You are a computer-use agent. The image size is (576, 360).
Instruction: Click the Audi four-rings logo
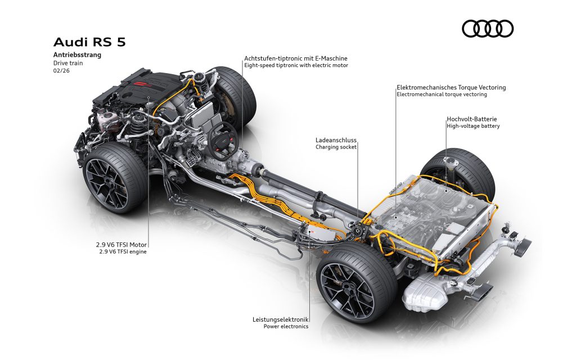(x=488, y=29)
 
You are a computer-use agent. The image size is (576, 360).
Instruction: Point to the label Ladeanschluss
(x=336, y=139)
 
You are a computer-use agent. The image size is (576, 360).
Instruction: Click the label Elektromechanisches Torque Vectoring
(x=451, y=87)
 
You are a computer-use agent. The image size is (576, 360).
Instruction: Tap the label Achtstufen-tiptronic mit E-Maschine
(x=295, y=58)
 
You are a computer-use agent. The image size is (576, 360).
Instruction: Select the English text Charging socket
(x=336, y=147)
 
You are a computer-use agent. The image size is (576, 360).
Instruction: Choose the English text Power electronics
(x=286, y=326)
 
